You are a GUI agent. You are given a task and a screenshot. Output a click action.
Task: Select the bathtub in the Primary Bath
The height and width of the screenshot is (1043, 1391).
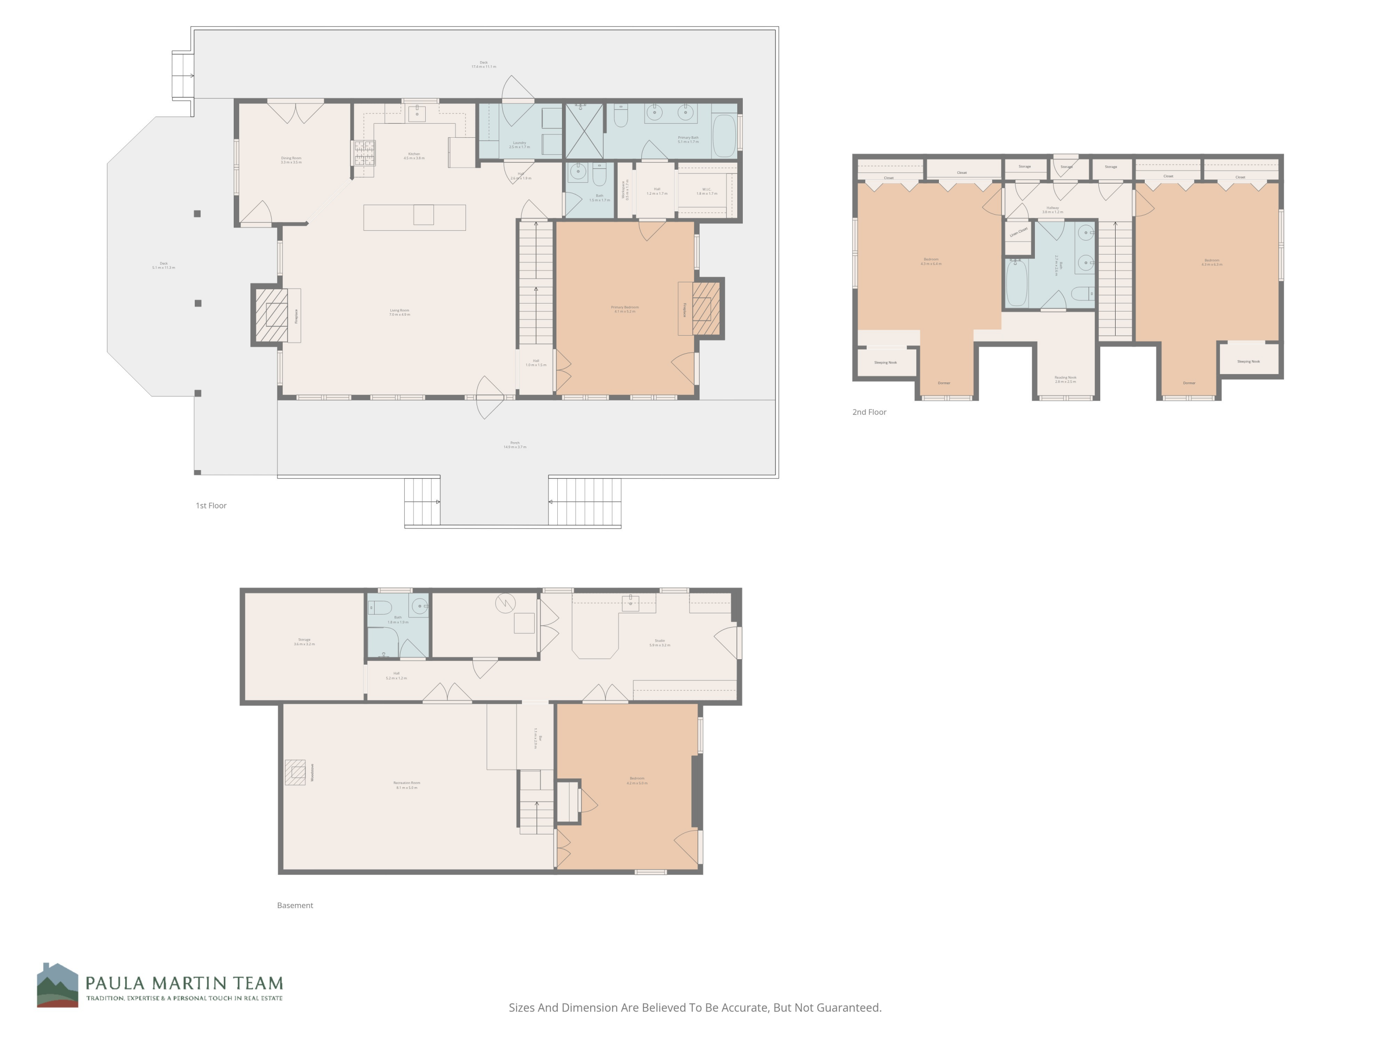click(x=724, y=135)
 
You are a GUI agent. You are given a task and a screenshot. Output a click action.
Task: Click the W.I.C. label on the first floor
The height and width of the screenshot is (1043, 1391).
click(x=706, y=191)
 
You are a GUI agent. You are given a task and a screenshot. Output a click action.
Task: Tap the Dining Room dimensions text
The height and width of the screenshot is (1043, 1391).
click(x=291, y=162)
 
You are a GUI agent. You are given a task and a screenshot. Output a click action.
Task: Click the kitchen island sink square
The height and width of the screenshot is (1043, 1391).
click(x=423, y=215)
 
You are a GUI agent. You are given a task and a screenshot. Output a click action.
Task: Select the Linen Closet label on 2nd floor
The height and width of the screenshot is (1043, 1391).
click(x=1018, y=232)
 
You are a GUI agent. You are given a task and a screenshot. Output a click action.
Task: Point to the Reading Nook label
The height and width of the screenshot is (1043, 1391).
click(x=1065, y=378)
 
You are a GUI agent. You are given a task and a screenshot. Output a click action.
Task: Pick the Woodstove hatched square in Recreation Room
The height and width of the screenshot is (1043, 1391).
click(x=295, y=773)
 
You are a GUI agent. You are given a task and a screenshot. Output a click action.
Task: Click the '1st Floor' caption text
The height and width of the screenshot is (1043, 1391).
click(x=211, y=505)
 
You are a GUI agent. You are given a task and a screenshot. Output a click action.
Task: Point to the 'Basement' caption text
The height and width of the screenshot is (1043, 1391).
click(x=295, y=905)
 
